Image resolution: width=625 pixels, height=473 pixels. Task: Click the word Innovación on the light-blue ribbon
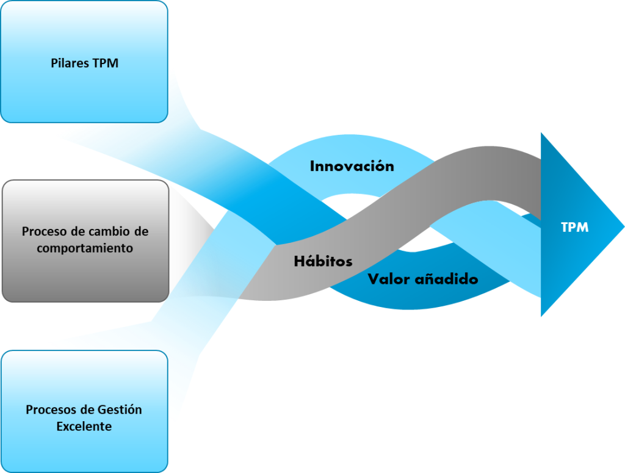click(352, 166)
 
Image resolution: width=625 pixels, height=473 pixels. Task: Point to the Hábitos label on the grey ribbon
click(323, 261)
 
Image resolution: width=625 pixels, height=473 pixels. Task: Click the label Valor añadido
click(422, 280)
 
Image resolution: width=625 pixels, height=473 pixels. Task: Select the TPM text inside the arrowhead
click(574, 228)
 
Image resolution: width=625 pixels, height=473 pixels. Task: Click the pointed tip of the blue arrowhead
click(623, 226)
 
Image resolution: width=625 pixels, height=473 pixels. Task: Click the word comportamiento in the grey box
click(85, 248)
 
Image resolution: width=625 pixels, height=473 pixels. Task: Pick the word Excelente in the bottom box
click(84, 426)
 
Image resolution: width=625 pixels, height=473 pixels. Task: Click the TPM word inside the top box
click(105, 63)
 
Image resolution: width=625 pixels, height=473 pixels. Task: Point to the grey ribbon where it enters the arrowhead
click(531, 174)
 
